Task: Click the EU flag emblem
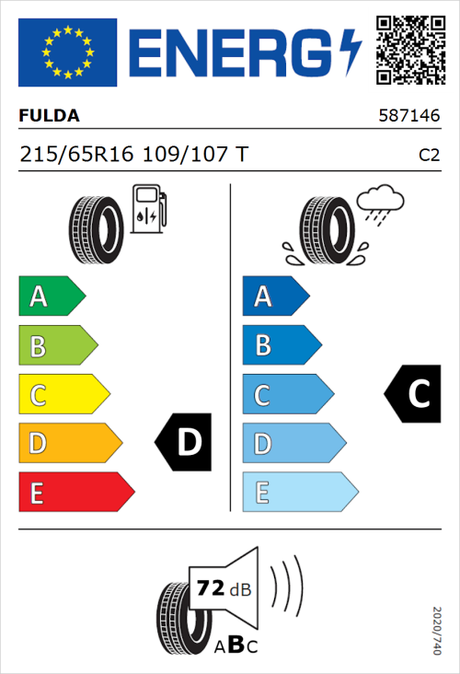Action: [x=68, y=52]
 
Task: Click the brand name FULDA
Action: [x=49, y=116]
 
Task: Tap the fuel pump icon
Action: [x=147, y=208]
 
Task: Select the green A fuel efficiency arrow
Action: [x=51, y=296]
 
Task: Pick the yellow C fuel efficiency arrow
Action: [x=63, y=395]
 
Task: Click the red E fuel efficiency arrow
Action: [x=75, y=493]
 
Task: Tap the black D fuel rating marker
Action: [x=186, y=443]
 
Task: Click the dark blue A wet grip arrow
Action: [x=275, y=296]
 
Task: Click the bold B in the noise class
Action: [x=234, y=645]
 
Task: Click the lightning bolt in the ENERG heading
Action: [x=351, y=52]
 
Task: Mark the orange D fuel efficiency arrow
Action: [x=69, y=444]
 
